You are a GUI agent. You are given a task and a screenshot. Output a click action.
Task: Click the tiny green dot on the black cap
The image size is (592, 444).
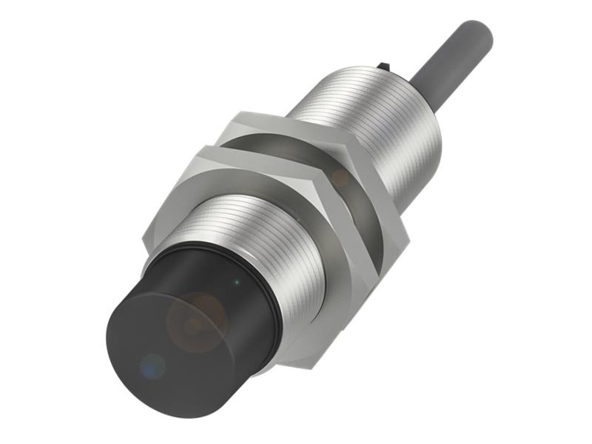click(x=236, y=281)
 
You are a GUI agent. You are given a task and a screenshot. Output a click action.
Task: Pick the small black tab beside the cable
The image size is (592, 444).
click(x=383, y=68)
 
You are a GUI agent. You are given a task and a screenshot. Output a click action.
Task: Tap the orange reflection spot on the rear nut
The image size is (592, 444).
click(x=340, y=178)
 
